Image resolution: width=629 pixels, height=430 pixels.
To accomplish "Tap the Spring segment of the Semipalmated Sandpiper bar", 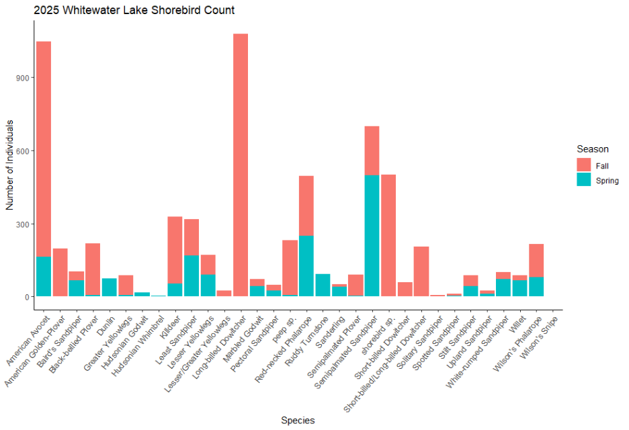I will (372, 235).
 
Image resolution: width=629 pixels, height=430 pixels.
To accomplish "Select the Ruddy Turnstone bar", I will (323, 285).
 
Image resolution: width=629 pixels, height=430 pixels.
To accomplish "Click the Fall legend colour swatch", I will (584, 165).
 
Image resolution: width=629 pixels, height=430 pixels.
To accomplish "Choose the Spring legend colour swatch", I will (584, 180).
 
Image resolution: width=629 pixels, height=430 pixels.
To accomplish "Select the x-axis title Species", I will (298, 421).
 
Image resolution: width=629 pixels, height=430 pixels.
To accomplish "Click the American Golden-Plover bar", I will (60, 272).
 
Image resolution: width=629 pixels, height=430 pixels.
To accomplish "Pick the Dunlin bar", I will (110, 287).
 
